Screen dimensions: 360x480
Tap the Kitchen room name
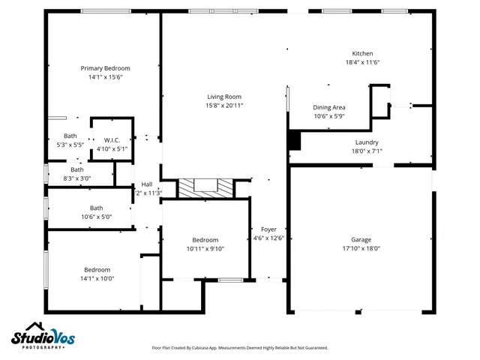click(x=363, y=54)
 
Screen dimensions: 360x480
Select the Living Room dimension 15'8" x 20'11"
click(x=225, y=105)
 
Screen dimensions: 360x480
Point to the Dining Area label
click(x=328, y=108)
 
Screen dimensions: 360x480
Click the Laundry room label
click(x=367, y=142)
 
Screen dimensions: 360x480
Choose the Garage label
click(x=361, y=239)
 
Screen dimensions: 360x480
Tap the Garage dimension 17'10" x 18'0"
click(x=361, y=248)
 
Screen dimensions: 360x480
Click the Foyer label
click(x=268, y=229)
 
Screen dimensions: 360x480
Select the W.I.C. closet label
click(x=112, y=139)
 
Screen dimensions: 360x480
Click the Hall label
click(x=147, y=184)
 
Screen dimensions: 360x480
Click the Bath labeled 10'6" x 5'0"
click(x=97, y=208)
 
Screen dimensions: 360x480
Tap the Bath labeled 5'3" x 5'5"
click(x=70, y=136)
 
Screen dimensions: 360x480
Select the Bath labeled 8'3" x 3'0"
click(x=76, y=169)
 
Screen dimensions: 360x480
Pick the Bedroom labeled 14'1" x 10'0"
click(x=97, y=270)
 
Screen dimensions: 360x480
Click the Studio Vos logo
click(x=43, y=337)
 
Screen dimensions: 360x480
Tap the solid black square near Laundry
click(x=294, y=140)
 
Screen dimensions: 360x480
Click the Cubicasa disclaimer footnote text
click(x=239, y=348)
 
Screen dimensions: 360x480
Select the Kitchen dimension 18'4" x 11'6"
click(x=363, y=63)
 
